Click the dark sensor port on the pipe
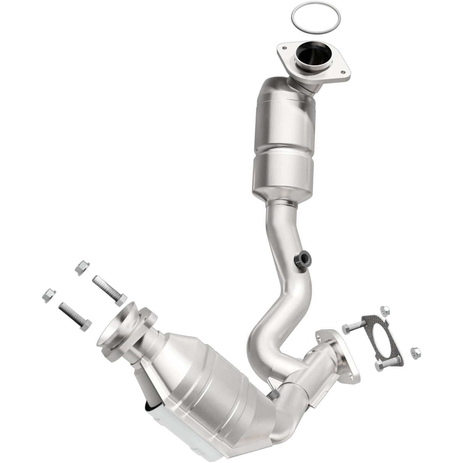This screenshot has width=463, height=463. [x=302, y=260]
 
